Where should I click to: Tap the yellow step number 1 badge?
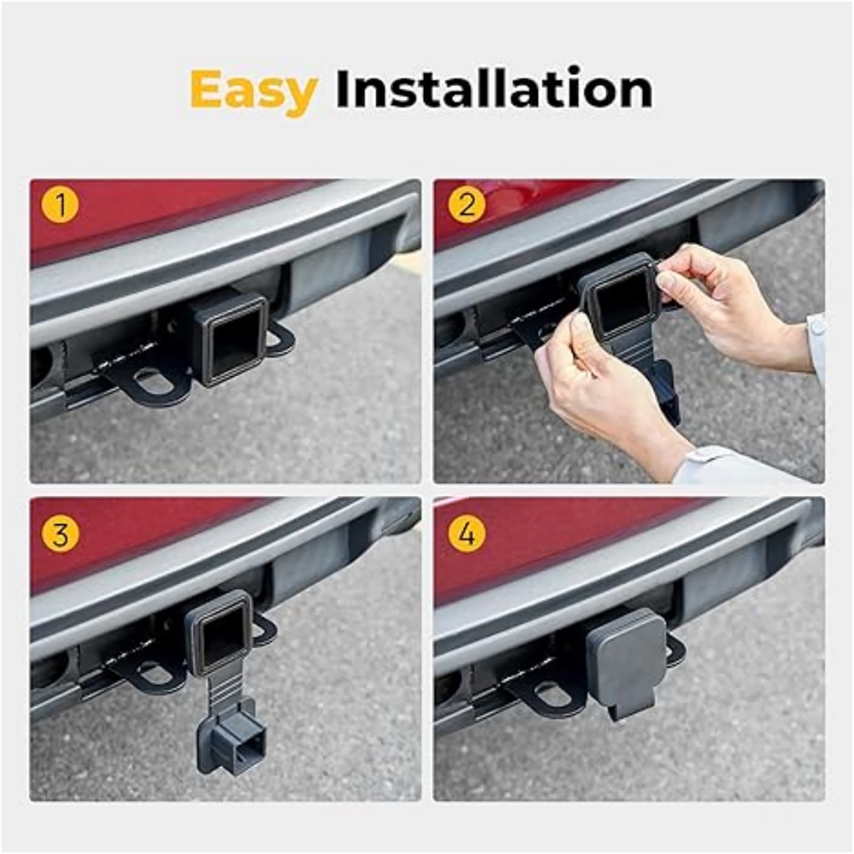point(60,205)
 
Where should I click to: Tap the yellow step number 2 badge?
point(466,205)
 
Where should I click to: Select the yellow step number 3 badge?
point(60,534)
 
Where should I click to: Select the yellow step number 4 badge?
point(466,534)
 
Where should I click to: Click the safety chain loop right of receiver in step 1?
point(281,339)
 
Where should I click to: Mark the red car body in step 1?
point(133,219)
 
